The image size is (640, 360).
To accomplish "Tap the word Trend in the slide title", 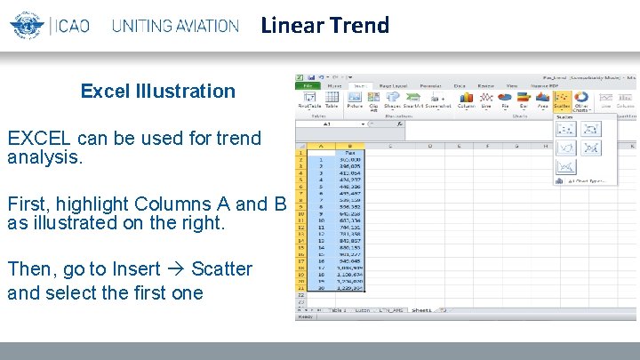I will point(359,25).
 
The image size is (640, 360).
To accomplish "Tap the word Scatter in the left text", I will point(221,269).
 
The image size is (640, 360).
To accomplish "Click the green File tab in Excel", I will point(305,85).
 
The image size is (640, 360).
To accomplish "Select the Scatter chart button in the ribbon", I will point(562,100).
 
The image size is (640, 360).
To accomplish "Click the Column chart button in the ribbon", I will point(467,100).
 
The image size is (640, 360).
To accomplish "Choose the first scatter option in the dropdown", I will point(565,130).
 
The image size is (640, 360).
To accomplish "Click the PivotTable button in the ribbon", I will point(308,100).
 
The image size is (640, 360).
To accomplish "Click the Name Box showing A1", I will point(327,124).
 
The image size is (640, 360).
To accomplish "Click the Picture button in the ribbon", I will point(355,100).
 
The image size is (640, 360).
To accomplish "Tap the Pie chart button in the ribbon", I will point(504,100).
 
